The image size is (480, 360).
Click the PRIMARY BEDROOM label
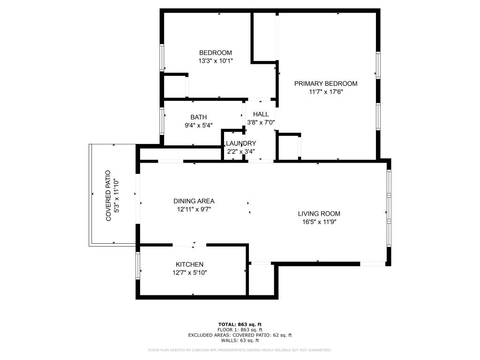(x=325, y=83)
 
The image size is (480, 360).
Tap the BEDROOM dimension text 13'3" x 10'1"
(x=215, y=61)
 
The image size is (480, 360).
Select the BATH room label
(x=198, y=117)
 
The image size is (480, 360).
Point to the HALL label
(x=261, y=114)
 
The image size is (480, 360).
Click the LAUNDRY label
(x=241, y=143)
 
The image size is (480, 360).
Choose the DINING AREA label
(x=194, y=201)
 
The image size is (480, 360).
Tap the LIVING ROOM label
(x=319, y=214)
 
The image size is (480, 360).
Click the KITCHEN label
(x=189, y=264)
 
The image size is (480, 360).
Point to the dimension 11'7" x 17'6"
(x=325, y=92)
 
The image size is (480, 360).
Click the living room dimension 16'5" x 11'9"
(x=319, y=222)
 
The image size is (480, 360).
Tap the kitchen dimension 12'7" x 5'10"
(x=189, y=272)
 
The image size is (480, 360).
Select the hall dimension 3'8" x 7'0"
(x=261, y=122)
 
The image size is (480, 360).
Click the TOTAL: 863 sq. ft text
(x=240, y=324)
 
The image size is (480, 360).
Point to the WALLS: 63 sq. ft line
(x=240, y=340)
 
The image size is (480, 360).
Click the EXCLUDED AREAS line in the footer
(x=240, y=335)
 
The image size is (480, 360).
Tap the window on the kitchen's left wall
(x=138, y=265)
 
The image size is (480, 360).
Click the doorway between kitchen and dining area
(x=189, y=245)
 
